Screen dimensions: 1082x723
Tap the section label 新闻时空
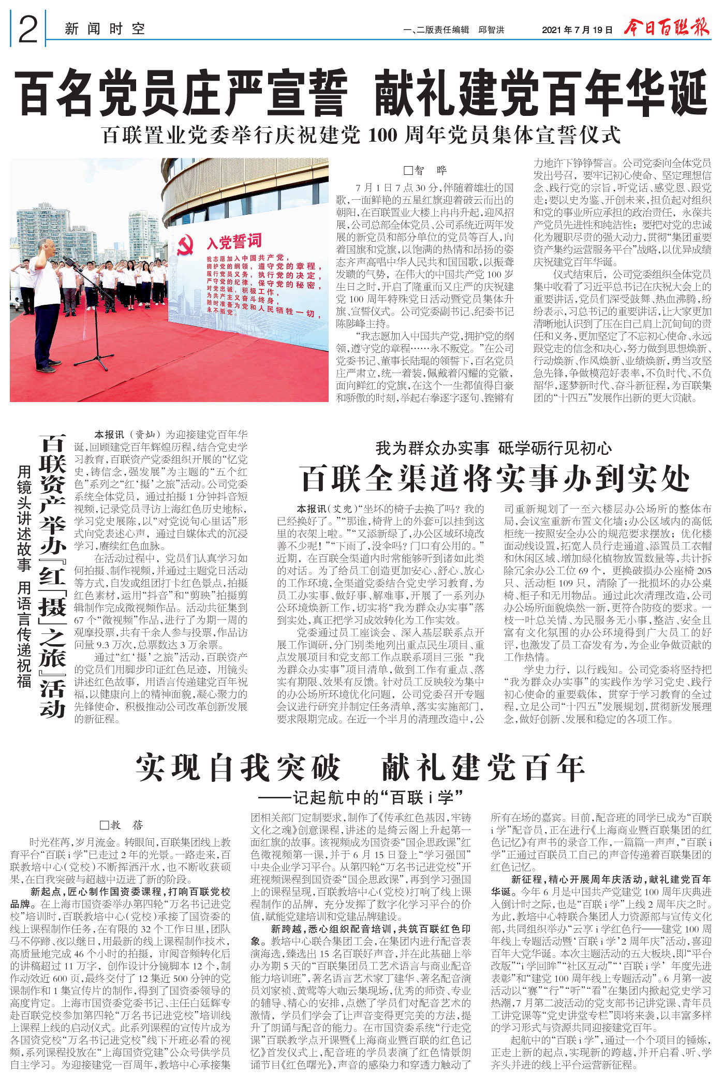pyautogui.click(x=105, y=29)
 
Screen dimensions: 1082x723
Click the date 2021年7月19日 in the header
pyautogui.click(x=577, y=30)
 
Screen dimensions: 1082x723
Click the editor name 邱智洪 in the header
pyautogui.click(x=491, y=30)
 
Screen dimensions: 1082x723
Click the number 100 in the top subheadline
pyautogui.click(x=382, y=136)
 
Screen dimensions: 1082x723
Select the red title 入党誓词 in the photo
pyautogui.click(x=234, y=242)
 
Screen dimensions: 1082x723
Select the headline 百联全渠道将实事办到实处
pyautogui.click(x=495, y=479)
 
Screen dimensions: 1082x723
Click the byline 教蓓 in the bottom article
pyautogui.click(x=122, y=825)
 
